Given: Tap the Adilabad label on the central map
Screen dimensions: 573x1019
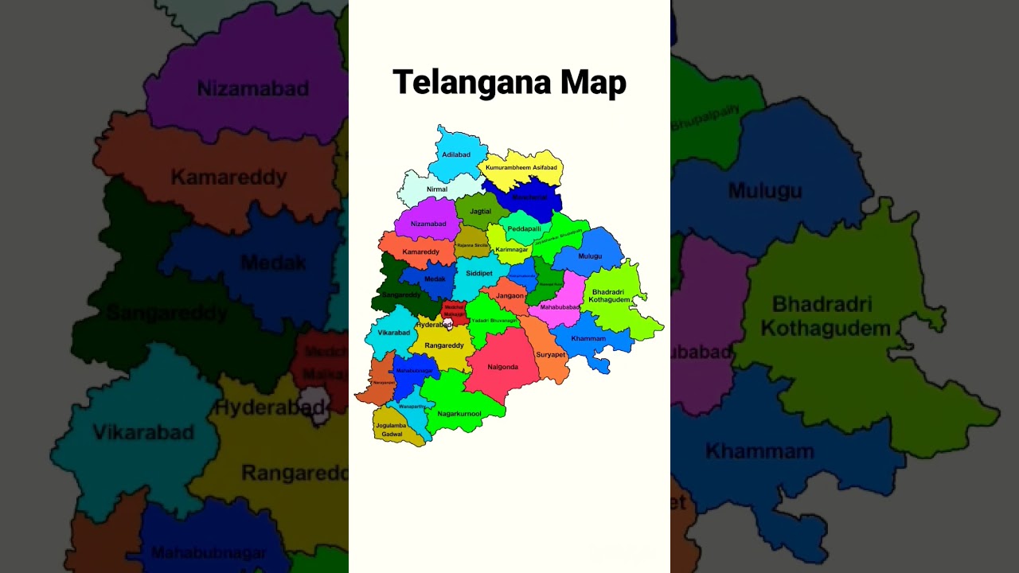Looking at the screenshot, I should [x=456, y=154].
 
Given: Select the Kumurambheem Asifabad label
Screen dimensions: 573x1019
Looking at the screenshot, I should [x=521, y=168].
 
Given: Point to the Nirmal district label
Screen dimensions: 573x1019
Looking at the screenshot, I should [x=437, y=189].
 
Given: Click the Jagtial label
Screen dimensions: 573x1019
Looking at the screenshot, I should [x=481, y=212].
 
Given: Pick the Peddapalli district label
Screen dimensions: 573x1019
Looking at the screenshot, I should [x=525, y=228].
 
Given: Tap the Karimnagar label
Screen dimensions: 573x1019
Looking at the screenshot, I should [x=512, y=250].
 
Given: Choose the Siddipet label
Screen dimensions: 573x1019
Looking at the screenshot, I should [x=479, y=273].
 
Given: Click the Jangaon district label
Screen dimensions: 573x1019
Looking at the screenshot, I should [x=510, y=295].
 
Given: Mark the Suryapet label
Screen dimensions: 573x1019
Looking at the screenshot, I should [x=550, y=354].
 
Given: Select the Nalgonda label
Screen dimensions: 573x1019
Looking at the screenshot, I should [x=502, y=367].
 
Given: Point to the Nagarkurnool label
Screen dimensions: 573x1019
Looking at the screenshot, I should [x=459, y=414].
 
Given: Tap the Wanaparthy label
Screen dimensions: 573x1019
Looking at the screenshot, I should [x=412, y=407].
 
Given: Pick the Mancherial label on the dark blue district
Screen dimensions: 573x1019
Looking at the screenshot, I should [x=530, y=197].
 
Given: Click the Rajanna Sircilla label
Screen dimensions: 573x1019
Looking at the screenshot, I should [x=473, y=245].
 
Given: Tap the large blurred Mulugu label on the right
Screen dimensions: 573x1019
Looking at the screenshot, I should [x=764, y=191].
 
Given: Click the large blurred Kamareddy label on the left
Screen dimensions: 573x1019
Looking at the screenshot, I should [x=228, y=177].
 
